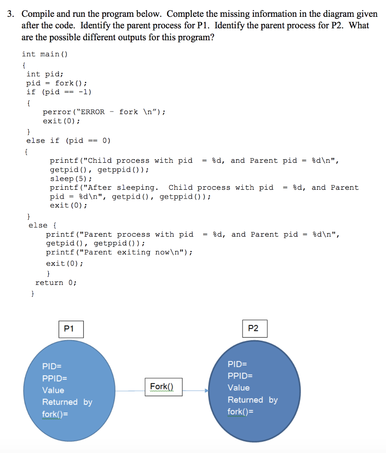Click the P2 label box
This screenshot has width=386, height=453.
click(x=255, y=328)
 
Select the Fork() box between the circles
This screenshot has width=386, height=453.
click(x=163, y=386)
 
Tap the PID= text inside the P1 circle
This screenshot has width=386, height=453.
click(x=52, y=366)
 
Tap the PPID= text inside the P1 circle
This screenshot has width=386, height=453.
click(x=55, y=378)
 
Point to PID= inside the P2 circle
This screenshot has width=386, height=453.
click(x=237, y=364)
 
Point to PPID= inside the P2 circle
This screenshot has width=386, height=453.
click(x=240, y=376)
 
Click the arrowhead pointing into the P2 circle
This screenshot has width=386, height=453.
click(x=206, y=391)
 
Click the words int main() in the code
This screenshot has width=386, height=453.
click(x=45, y=54)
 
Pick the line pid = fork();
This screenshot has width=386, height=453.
click(x=56, y=83)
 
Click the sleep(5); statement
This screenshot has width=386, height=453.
click(x=70, y=179)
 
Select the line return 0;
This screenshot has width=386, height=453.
click(x=56, y=283)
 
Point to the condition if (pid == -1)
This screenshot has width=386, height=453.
click(x=59, y=92)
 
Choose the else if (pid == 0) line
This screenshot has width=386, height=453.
click(x=68, y=141)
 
